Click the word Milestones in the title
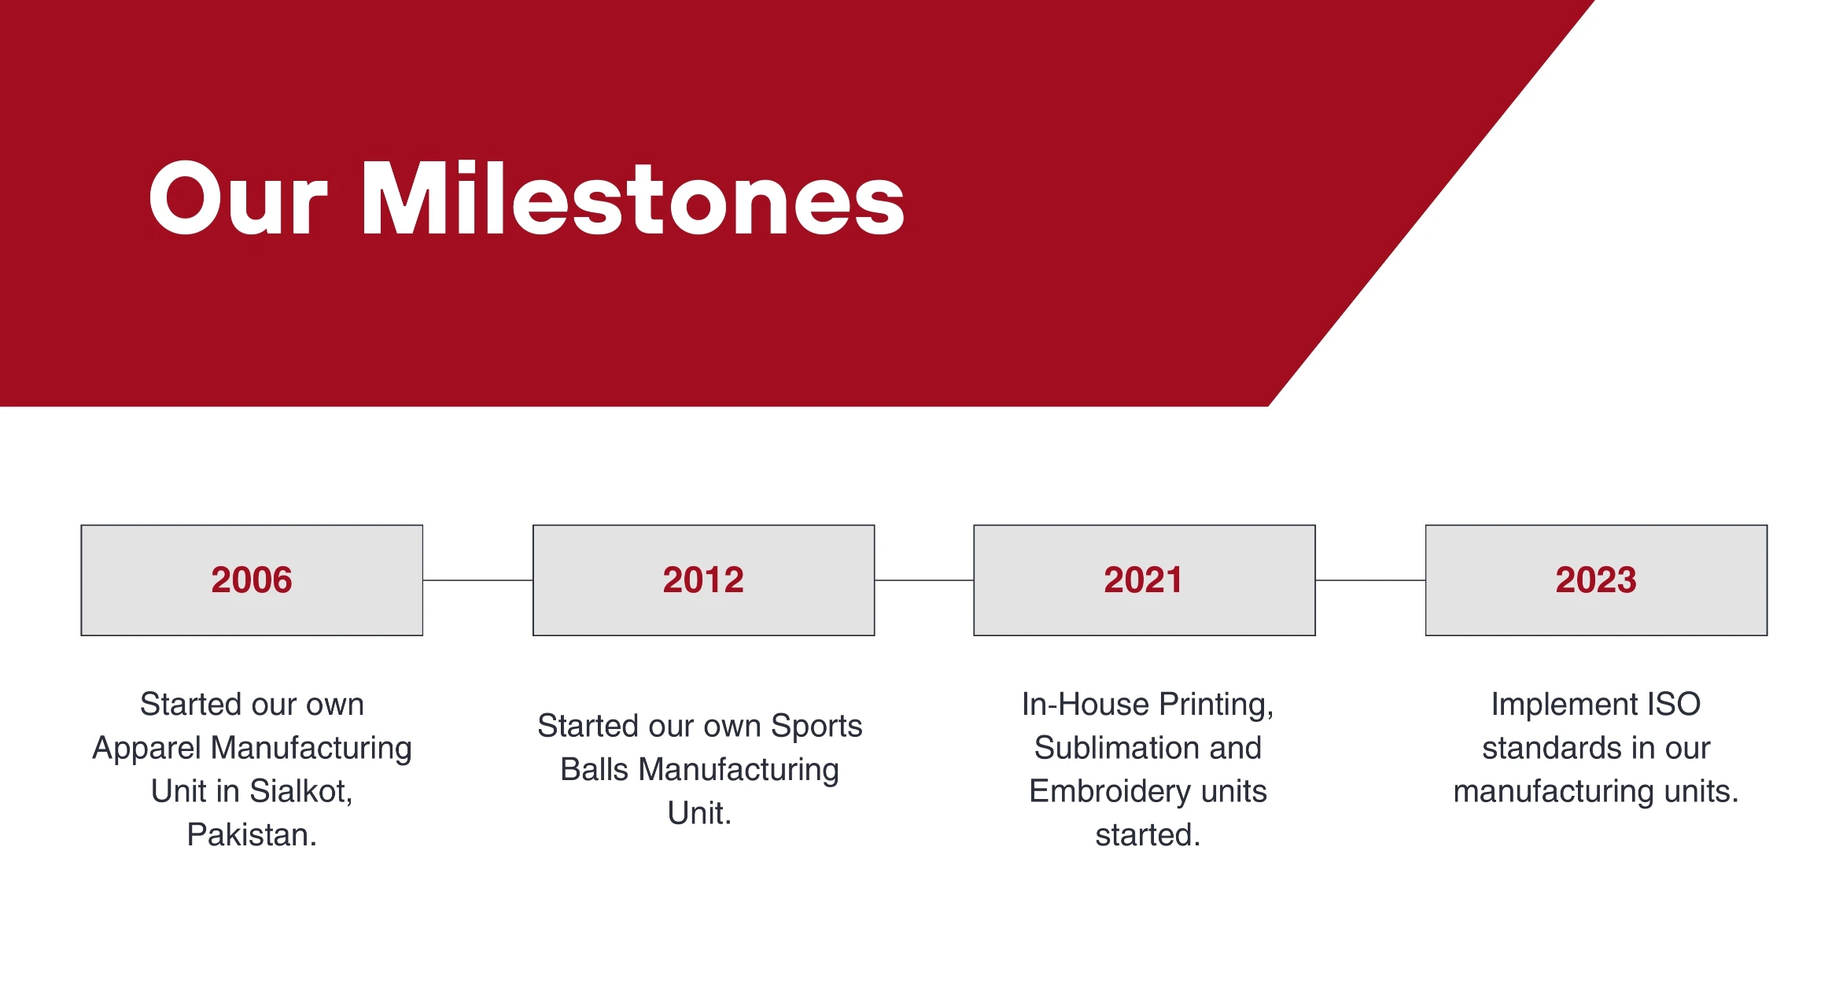click(x=633, y=198)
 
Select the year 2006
click(x=252, y=580)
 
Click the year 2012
click(x=703, y=580)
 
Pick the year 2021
click(x=1143, y=580)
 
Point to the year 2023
click(x=1596, y=580)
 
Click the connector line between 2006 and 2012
click(x=478, y=580)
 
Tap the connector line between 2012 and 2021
click(x=924, y=580)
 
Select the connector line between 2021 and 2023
click(x=1370, y=580)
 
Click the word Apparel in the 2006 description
click(x=147, y=749)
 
